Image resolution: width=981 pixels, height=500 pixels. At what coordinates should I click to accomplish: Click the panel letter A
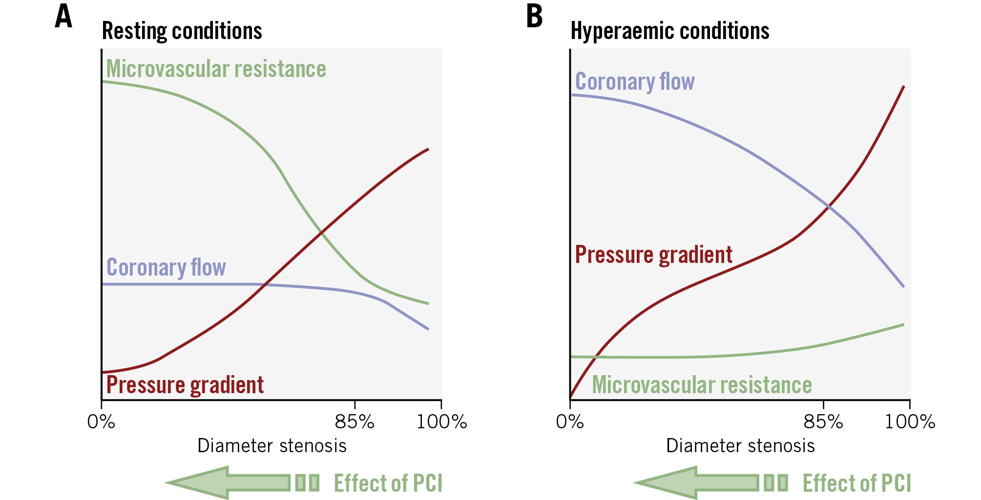[x=64, y=17]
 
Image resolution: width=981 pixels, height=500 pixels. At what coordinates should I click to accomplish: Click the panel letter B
[x=534, y=17]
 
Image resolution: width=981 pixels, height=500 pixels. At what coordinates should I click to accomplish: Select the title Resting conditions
[x=182, y=31]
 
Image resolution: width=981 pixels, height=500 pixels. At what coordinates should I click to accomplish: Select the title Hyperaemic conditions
[x=669, y=31]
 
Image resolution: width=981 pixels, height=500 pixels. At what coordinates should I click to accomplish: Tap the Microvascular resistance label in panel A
[x=216, y=69]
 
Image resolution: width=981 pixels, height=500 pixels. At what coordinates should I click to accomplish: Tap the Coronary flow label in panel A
[x=166, y=267]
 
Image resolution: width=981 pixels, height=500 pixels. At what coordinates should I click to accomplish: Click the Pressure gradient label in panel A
[x=185, y=385]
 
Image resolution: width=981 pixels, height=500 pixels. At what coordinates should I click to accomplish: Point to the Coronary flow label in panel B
[x=635, y=81]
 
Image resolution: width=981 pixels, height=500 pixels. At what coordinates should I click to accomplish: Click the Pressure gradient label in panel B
[x=653, y=255]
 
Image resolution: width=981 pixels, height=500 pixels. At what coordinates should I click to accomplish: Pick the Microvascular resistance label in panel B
[x=702, y=385]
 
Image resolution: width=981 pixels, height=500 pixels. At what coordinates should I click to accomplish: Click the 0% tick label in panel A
[x=101, y=421]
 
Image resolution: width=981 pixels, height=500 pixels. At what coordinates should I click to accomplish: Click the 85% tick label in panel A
[x=355, y=421]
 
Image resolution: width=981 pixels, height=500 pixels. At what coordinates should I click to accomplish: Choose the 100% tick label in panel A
[x=441, y=421]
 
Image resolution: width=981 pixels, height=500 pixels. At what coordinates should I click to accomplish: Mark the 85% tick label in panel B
[x=823, y=421]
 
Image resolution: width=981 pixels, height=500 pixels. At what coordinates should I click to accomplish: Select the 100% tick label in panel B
[x=910, y=421]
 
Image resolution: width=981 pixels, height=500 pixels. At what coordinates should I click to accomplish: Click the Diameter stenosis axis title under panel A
[x=271, y=446]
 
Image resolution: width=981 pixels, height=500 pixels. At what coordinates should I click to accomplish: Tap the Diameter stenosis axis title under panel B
[x=740, y=446]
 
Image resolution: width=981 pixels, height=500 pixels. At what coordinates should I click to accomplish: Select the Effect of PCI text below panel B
[x=856, y=483]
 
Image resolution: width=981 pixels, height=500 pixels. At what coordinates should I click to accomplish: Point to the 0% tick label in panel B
[x=570, y=421]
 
